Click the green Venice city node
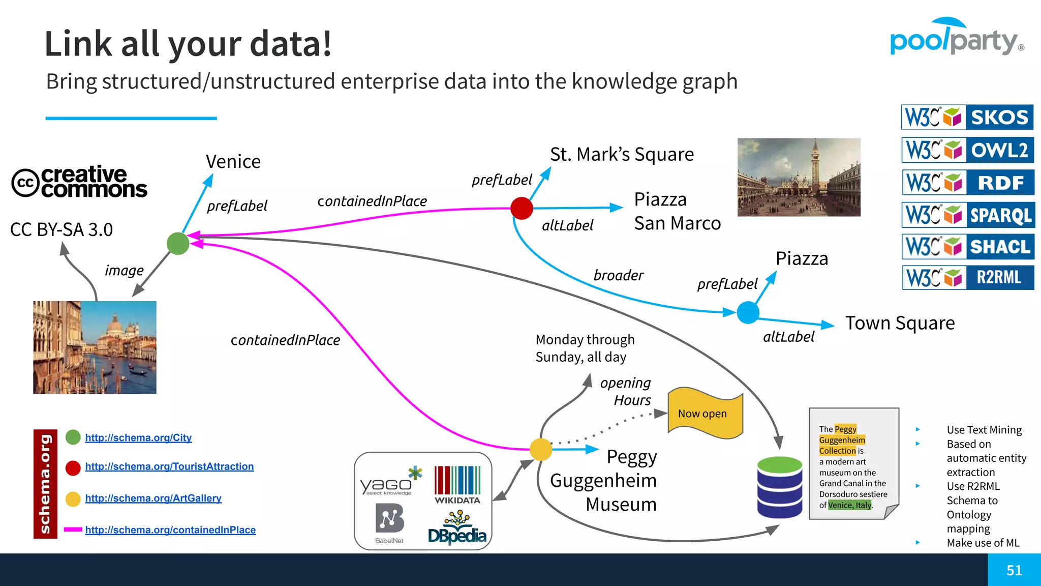point(178,244)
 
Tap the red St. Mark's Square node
point(522,208)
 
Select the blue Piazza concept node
point(748,312)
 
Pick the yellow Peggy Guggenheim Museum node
point(541,449)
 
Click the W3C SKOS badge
point(967,117)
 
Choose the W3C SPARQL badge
point(968,215)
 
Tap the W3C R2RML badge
point(968,278)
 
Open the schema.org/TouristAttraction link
point(169,466)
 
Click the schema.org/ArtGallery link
point(153,498)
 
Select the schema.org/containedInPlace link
point(170,530)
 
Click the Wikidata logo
point(457,485)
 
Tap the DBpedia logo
point(457,529)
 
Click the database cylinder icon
point(780,487)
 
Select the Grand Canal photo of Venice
point(95,347)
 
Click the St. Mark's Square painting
point(799,177)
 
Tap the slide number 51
point(1014,570)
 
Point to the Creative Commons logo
point(79,182)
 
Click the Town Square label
point(900,323)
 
